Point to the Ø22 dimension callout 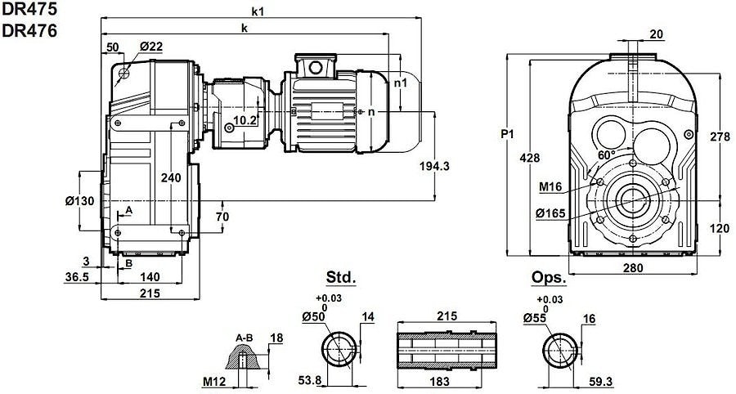tap(150, 46)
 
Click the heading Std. tap(341, 278)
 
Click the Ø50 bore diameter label tap(314, 316)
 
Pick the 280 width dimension tap(631, 267)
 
